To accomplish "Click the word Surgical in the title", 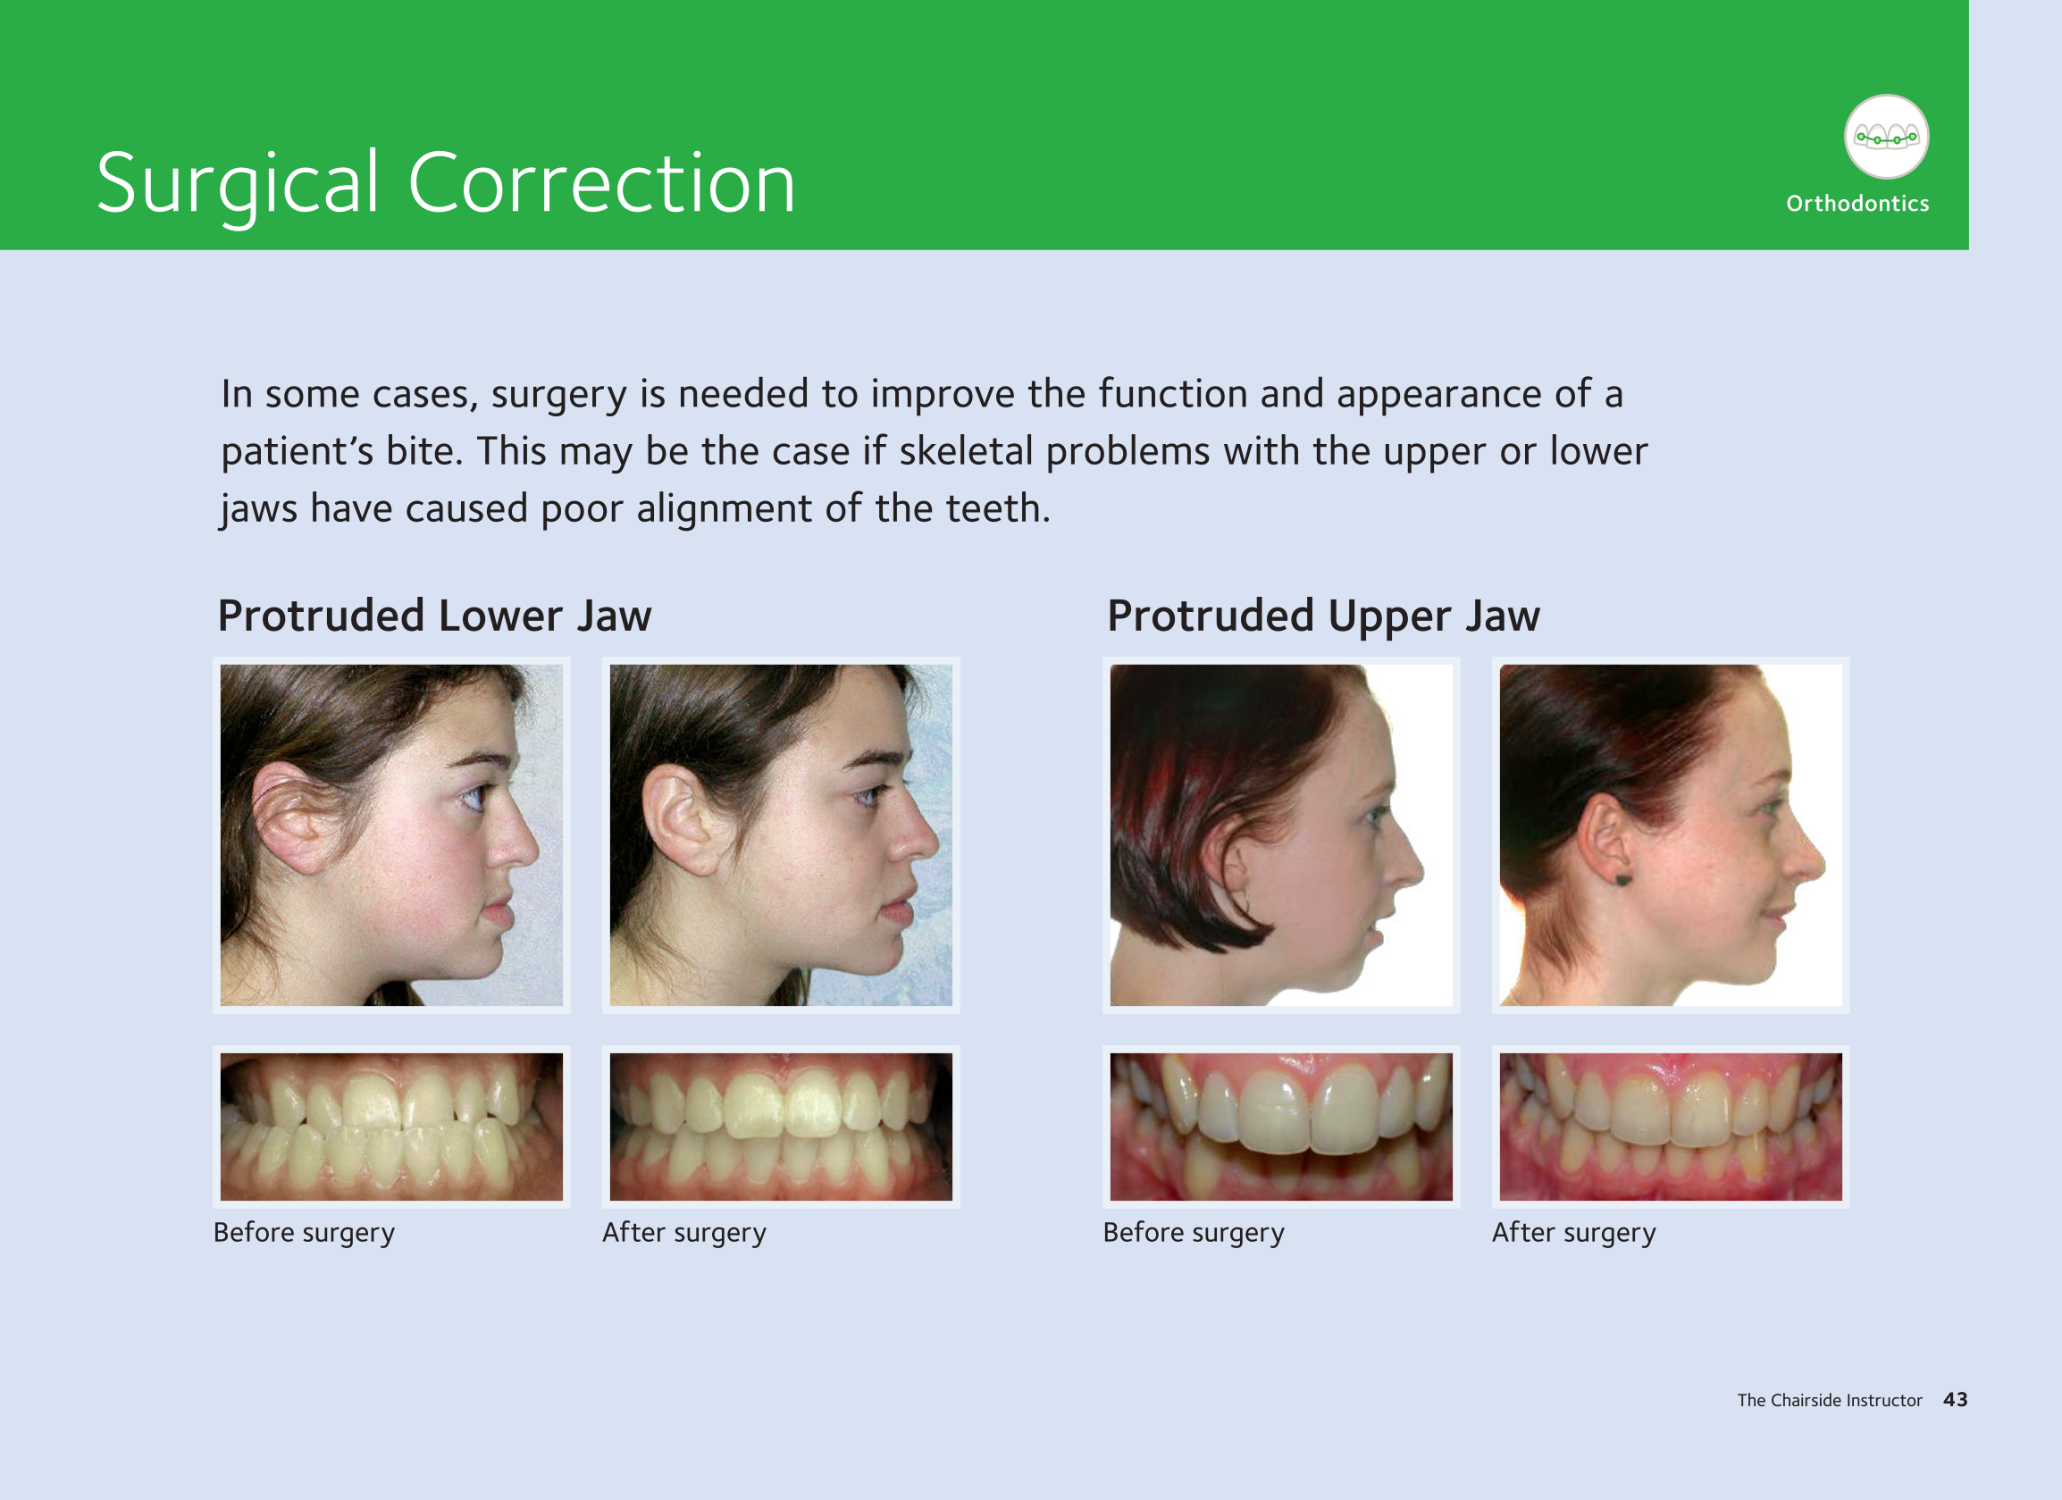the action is click(238, 185).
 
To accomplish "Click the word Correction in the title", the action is click(601, 183).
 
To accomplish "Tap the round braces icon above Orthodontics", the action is click(1886, 137).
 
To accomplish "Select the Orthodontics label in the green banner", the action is click(1857, 204).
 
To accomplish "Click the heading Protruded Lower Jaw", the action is click(434, 616).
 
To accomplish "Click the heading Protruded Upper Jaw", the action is click(1324, 616).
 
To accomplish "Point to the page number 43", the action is click(1955, 1400).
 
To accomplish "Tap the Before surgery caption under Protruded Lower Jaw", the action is click(304, 1233).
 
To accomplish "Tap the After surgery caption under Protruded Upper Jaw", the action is click(1574, 1233).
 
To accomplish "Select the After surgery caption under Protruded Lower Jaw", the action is click(683, 1233).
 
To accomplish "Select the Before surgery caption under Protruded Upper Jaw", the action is click(1194, 1233).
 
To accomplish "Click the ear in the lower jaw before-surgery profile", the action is click(289, 817).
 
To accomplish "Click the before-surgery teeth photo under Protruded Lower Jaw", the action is click(392, 1127).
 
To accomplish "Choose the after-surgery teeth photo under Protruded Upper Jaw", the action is click(1670, 1127).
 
